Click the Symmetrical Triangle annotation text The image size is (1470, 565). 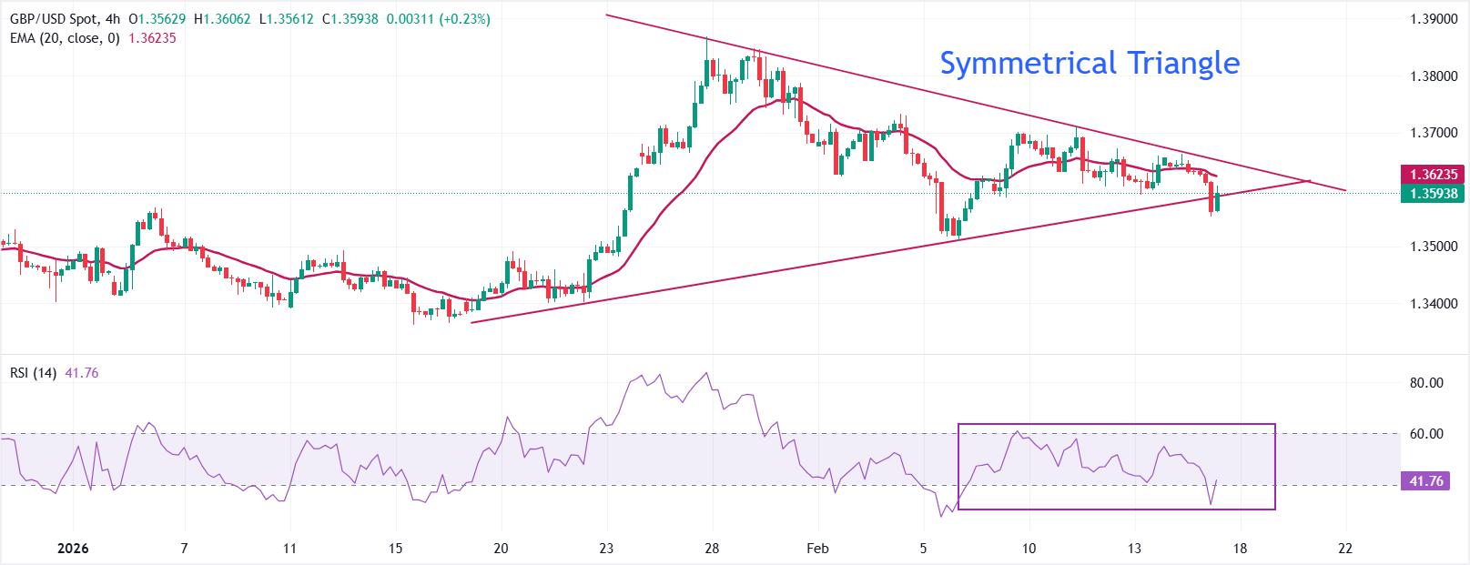coord(1089,63)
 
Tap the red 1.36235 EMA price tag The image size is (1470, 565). coord(1434,174)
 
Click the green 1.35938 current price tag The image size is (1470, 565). coord(1434,193)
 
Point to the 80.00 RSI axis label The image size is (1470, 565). coord(1426,383)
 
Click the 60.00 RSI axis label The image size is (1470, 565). coord(1426,434)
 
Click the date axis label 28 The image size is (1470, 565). coord(712,549)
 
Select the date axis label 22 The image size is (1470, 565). coord(1345,549)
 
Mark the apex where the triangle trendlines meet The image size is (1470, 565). coord(1308,181)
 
